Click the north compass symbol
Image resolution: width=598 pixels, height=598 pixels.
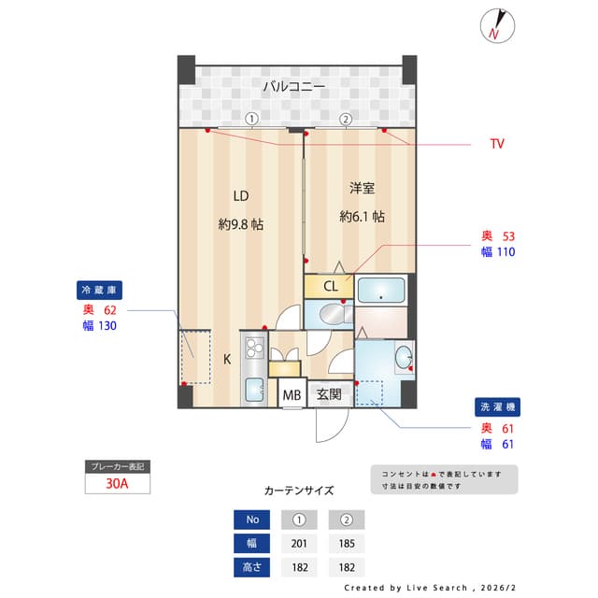click(x=494, y=25)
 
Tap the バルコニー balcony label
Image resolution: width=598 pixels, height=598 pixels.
click(x=293, y=87)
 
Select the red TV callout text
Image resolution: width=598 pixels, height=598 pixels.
click(x=496, y=144)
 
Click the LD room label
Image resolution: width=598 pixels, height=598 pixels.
click(x=240, y=196)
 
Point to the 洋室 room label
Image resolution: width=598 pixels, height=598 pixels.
click(x=363, y=189)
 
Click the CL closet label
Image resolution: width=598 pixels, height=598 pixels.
click(x=330, y=286)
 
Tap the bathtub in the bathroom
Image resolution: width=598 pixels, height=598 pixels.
click(x=381, y=291)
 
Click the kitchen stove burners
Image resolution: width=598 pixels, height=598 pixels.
click(x=255, y=349)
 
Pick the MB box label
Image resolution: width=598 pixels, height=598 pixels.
click(x=292, y=395)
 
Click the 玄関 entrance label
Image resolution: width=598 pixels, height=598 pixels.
click(x=328, y=394)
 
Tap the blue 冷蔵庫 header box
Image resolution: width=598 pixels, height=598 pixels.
click(x=101, y=290)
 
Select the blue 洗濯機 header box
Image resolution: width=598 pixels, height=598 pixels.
click(x=497, y=407)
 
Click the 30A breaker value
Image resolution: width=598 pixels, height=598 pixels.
click(x=117, y=484)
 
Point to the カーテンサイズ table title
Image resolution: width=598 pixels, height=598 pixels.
click(x=299, y=491)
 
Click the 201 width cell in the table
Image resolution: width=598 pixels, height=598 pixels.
click(x=299, y=543)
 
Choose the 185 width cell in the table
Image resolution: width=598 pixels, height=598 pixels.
click(x=346, y=543)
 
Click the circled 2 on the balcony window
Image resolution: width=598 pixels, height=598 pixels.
click(x=346, y=119)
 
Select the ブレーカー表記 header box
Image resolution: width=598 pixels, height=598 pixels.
click(x=117, y=465)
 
